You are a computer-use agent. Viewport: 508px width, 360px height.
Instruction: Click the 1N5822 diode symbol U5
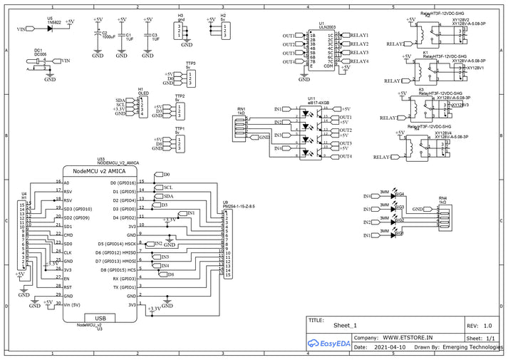pyautogui.click(x=50, y=29)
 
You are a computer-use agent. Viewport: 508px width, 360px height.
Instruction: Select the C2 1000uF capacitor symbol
pyautogui.click(x=98, y=34)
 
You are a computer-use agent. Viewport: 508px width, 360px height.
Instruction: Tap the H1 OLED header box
pyautogui.click(x=143, y=106)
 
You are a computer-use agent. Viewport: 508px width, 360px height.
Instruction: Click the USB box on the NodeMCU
pyautogui.click(x=100, y=318)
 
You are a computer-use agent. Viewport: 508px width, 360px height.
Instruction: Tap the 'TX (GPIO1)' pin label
pyautogui.click(x=121, y=287)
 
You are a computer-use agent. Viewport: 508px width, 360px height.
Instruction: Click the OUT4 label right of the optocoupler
pyautogui.click(x=346, y=156)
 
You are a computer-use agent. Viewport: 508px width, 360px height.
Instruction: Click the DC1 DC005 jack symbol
pyautogui.click(x=40, y=64)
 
